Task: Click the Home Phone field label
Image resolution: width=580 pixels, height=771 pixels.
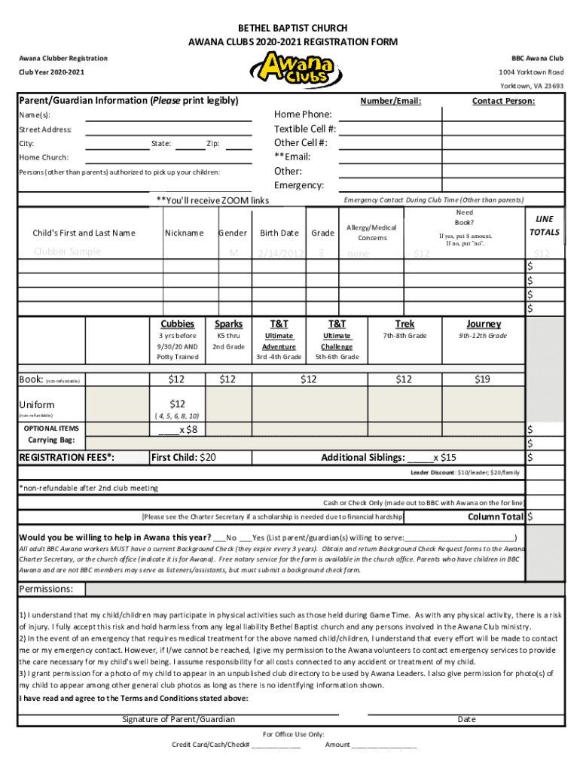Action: [303, 114]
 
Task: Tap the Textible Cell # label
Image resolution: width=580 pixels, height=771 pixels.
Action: [305, 129]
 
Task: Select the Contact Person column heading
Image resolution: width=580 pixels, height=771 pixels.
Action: [503, 101]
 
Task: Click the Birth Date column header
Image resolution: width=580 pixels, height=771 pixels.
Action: [279, 233]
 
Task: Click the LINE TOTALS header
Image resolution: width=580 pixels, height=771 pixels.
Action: [544, 225]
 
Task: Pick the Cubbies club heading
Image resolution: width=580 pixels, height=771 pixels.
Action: [179, 324]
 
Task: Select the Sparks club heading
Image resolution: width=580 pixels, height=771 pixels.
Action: [228, 324]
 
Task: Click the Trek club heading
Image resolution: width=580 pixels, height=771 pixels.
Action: [404, 324]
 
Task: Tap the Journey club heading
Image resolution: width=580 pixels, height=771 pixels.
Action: [483, 324]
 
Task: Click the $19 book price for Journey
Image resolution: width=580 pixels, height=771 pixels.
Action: [483, 379]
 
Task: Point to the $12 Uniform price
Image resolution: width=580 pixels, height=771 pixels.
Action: [178, 404]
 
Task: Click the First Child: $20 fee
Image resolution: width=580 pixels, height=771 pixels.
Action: [184, 457]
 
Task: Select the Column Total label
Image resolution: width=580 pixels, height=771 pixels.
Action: [496, 517]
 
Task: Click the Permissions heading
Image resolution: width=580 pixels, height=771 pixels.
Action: [46, 589]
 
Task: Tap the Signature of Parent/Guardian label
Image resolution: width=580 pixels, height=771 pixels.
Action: [179, 719]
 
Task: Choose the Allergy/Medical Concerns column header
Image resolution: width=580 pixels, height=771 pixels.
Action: [372, 233]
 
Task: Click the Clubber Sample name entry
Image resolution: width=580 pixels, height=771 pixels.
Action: [67, 251]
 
